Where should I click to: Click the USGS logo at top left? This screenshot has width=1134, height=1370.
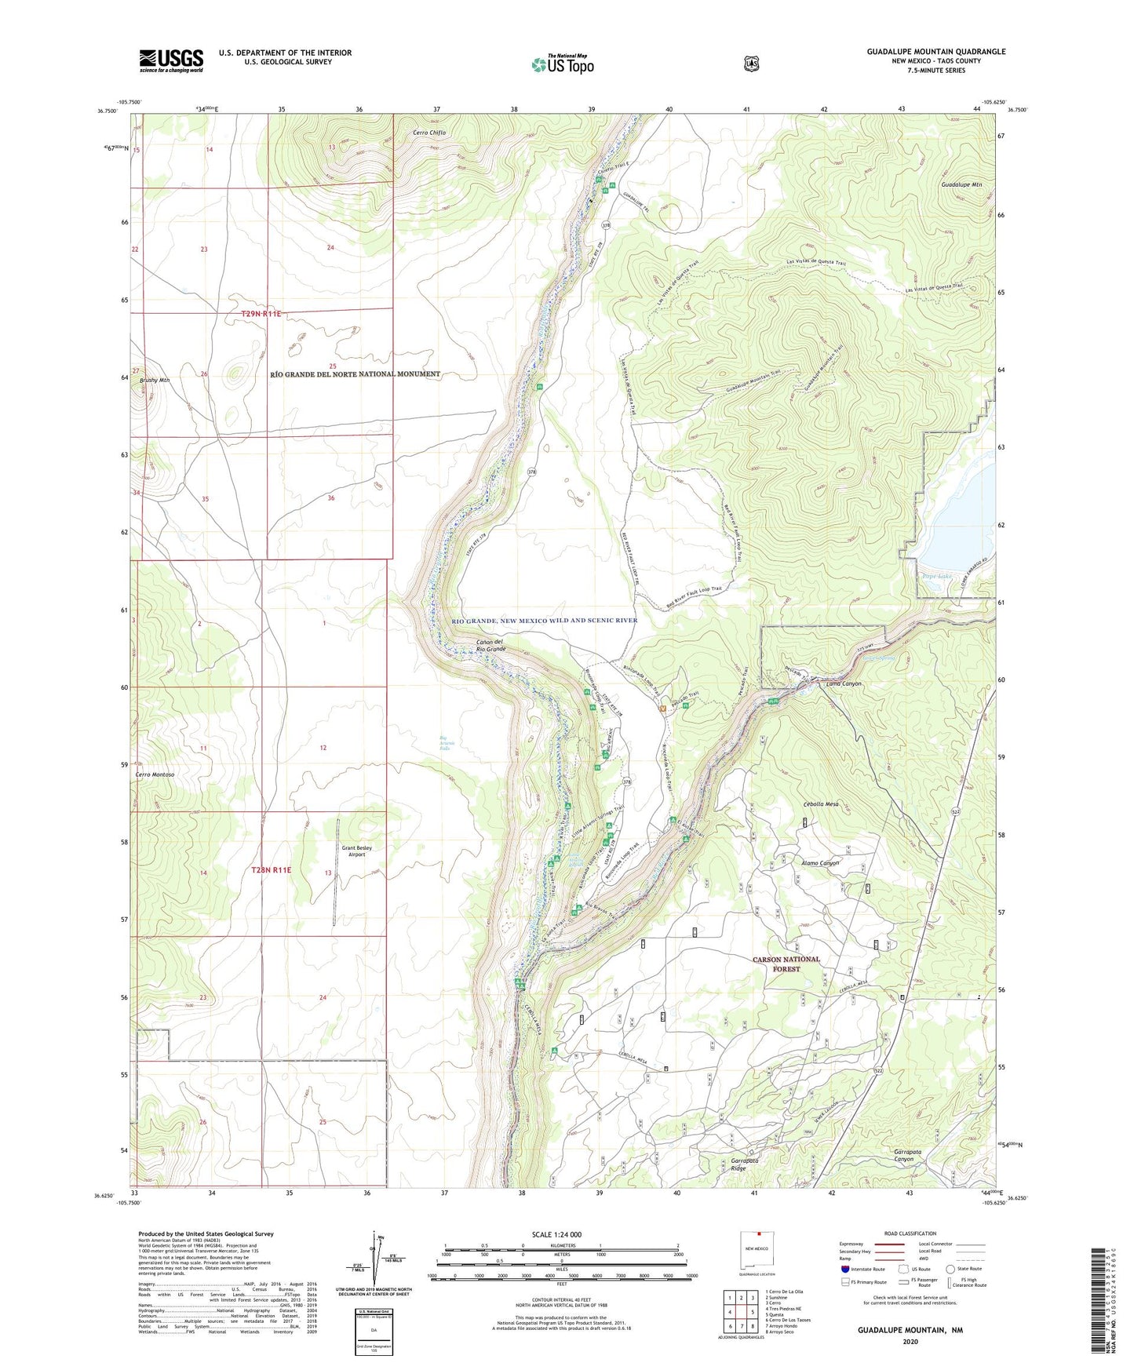(x=171, y=60)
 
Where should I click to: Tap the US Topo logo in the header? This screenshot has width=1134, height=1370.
(x=562, y=64)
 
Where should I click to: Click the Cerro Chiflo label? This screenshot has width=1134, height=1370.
(x=429, y=133)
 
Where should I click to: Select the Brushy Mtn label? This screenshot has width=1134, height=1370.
(x=155, y=381)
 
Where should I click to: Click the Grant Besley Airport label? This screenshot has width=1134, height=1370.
(x=356, y=851)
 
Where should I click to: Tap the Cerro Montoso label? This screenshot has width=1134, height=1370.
(x=155, y=774)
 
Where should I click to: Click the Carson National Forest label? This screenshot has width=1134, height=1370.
(x=786, y=964)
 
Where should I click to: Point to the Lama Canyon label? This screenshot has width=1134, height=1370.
(x=844, y=683)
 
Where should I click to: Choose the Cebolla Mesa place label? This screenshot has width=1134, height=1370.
(x=821, y=804)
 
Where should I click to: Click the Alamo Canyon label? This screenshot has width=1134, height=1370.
(x=820, y=863)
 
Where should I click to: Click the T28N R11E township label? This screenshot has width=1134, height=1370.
(x=271, y=870)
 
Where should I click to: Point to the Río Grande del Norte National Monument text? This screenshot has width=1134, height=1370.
(x=355, y=374)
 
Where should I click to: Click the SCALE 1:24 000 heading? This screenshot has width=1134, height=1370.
(x=556, y=1234)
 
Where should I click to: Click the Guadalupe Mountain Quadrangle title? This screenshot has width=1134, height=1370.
(x=935, y=52)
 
